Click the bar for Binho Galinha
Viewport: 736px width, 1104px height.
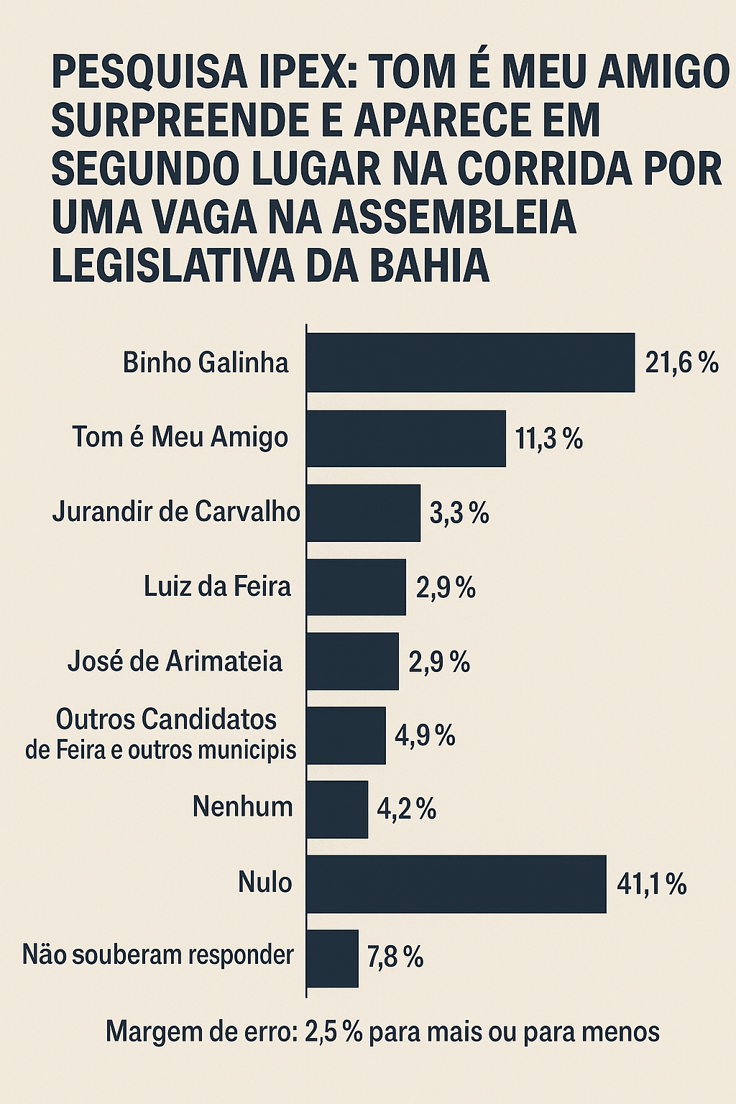click(x=471, y=362)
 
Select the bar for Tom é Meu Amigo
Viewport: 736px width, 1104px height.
click(x=406, y=438)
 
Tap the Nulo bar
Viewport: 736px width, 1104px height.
click(x=456, y=884)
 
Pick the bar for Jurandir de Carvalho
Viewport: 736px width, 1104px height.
click(x=364, y=512)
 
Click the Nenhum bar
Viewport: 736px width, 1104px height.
click(x=337, y=809)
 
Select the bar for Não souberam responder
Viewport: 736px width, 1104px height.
click(x=333, y=958)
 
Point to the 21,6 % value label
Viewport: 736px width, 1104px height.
click(x=681, y=363)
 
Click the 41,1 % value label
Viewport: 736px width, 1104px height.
click(x=651, y=884)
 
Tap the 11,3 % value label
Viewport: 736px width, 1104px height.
click(x=548, y=438)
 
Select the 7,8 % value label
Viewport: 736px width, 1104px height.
click(x=395, y=958)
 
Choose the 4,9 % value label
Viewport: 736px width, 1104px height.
click(x=425, y=735)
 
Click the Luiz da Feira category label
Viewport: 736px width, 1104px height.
click(x=217, y=586)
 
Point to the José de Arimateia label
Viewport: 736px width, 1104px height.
click(x=175, y=661)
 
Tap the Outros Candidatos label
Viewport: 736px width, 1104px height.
click(x=166, y=719)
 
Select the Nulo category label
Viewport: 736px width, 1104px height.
click(x=264, y=882)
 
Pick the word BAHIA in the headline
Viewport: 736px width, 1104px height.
click(x=429, y=266)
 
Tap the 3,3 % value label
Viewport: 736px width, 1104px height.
click(x=459, y=513)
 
